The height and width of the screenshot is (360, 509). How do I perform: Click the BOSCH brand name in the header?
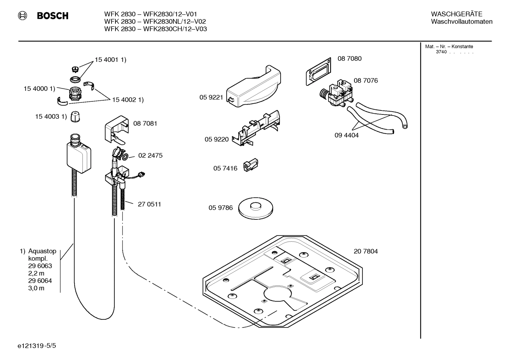tap(52, 16)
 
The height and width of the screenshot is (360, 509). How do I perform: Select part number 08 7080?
tap(349, 59)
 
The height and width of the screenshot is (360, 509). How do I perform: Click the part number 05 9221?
tap(211, 98)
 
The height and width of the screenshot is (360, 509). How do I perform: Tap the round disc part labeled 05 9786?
tap(256, 208)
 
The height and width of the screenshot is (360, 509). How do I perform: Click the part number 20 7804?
tap(365, 252)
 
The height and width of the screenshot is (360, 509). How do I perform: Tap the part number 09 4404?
tap(346, 135)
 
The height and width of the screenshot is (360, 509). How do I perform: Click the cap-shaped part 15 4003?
tap(74, 117)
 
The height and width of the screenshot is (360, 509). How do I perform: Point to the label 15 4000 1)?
tap(39, 89)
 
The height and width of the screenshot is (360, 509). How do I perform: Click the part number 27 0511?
tap(149, 204)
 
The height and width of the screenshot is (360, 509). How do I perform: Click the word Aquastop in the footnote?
tap(42, 251)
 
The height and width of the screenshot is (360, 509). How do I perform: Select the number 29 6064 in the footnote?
tap(40, 281)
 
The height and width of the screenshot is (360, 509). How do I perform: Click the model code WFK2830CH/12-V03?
tap(174, 29)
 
